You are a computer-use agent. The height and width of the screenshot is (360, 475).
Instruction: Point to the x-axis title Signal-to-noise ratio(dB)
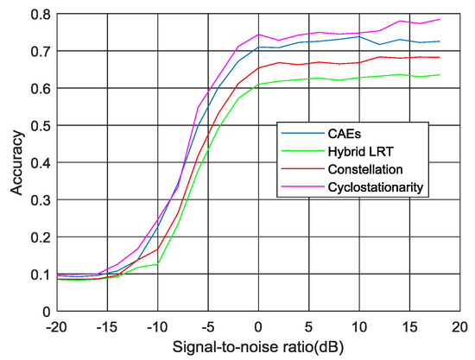[x=258, y=347]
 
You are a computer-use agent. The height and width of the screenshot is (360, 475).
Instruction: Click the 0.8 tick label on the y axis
[x=37, y=14]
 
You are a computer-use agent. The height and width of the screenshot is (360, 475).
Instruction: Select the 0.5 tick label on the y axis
[x=37, y=125]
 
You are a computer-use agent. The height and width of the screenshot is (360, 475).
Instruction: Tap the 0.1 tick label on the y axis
[x=37, y=274]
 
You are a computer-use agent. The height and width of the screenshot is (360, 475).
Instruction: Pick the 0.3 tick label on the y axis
[x=37, y=199]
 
